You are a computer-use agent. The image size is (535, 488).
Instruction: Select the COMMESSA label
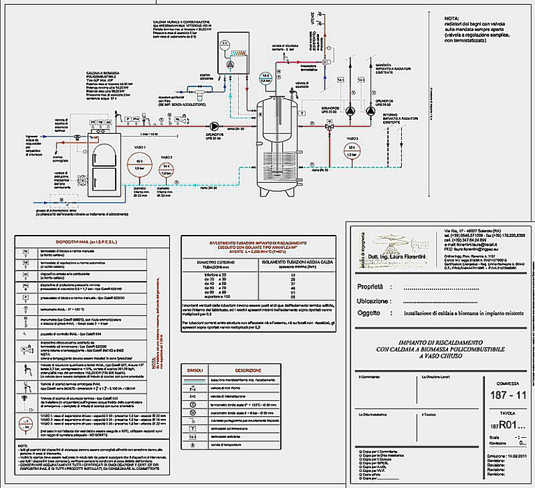[502, 383]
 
